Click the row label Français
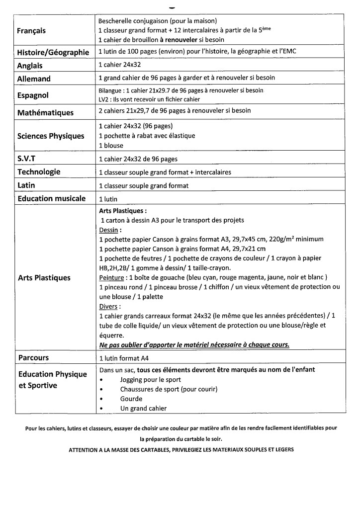(x=31, y=31)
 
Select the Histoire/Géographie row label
(x=53, y=53)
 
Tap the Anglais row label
(x=30, y=66)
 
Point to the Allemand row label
(x=34, y=79)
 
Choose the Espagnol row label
(x=33, y=95)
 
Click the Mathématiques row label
(x=45, y=113)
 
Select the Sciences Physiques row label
(x=51, y=136)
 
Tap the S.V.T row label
(x=28, y=159)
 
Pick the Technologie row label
(x=39, y=172)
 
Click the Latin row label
(x=26, y=185)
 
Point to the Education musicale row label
(x=52, y=198)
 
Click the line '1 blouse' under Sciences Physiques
(x=111, y=146)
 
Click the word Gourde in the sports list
(x=131, y=399)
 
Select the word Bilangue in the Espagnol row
(x=110, y=91)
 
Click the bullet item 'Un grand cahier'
(x=143, y=409)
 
